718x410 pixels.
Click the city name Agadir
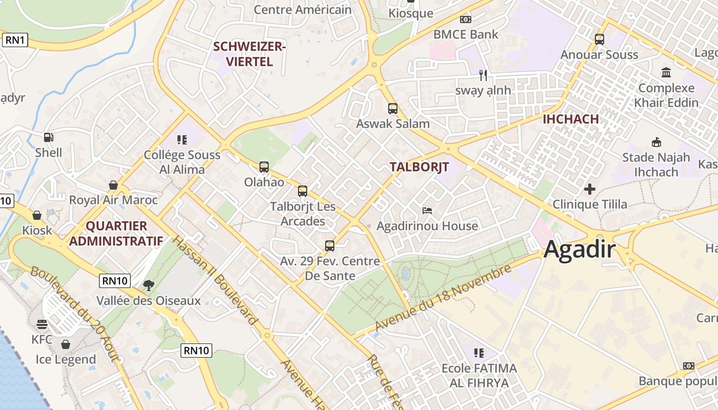[580, 250]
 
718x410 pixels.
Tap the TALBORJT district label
[419, 167]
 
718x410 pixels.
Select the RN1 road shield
[14, 40]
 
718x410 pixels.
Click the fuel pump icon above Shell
[49, 137]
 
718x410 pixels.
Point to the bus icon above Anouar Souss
[599, 39]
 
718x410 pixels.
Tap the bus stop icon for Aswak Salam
[393, 109]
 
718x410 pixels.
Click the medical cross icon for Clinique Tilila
[590, 189]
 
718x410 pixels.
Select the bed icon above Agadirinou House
[427, 210]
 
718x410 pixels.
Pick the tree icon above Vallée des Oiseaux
[149, 284]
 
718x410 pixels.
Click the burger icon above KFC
[42, 324]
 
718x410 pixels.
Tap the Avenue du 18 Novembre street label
[444, 298]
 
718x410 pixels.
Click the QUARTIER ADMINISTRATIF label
[116, 233]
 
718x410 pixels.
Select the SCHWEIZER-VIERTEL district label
[249, 54]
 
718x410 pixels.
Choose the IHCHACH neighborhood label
[571, 119]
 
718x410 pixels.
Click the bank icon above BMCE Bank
[466, 19]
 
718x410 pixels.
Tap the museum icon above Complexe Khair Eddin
[666, 72]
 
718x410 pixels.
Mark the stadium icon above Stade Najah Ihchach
[656, 142]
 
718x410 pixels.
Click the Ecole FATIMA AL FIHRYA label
[479, 375]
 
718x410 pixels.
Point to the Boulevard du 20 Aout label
[75, 313]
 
